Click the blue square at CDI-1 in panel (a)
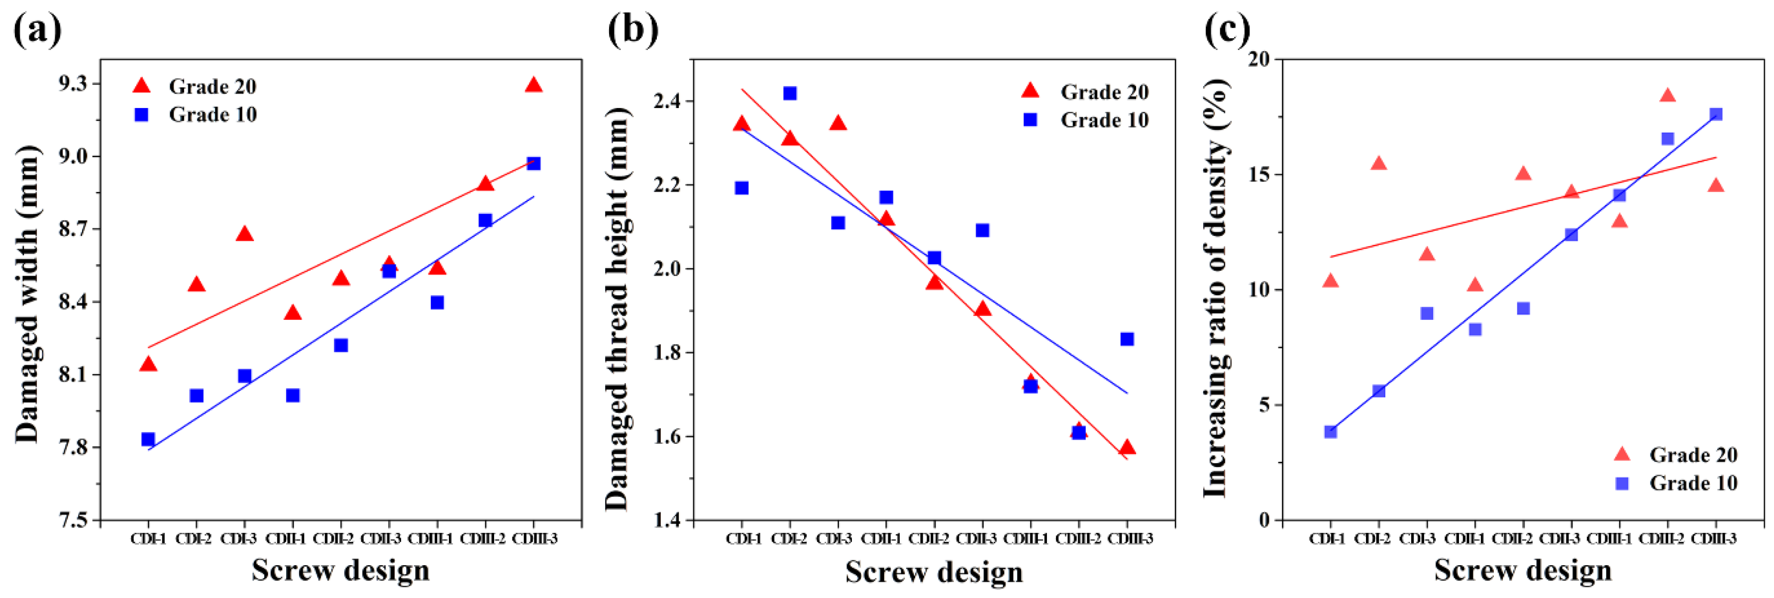pos(148,439)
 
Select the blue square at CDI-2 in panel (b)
pos(790,93)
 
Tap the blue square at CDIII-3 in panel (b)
pos(1127,339)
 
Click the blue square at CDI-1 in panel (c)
pos(1331,432)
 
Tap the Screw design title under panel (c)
pos(1523,571)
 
